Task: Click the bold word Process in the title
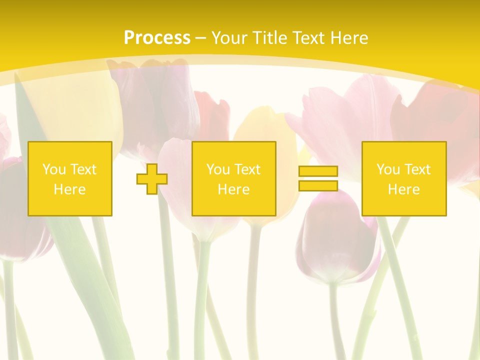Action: tap(157, 38)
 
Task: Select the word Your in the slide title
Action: tap(230, 38)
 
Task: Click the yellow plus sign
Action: tap(152, 179)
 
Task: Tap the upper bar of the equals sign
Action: tap(318, 171)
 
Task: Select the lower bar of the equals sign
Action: tap(318, 185)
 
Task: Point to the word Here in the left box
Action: tap(69, 189)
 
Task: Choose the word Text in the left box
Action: tap(83, 169)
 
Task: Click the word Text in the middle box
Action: tap(247, 169)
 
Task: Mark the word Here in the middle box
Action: tap(233, 189)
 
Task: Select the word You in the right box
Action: tap(388, 169)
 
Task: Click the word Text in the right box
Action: tap(417, 169)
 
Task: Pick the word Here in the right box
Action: tap(403, 189)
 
